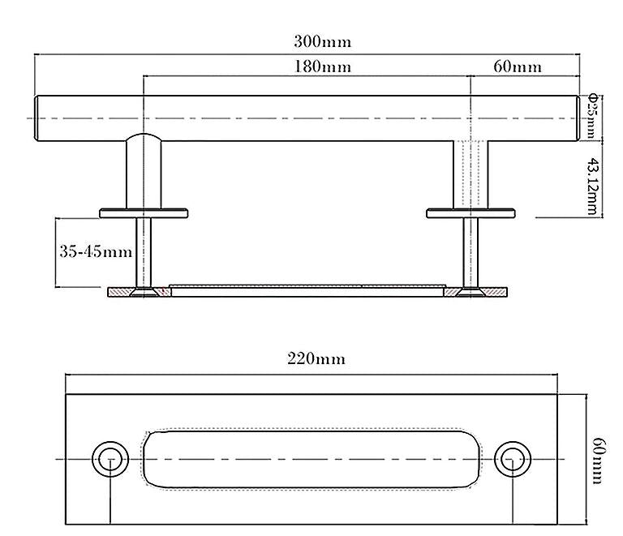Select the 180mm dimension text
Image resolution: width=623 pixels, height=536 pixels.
(x=322, y=66)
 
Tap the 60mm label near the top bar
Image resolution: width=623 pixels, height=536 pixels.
(x=518, y=66)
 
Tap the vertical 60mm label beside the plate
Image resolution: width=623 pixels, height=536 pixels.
(x=596, y=461)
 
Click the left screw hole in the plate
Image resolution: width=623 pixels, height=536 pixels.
(x=110, y=459)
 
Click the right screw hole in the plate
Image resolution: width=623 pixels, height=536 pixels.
(x=510, y=459)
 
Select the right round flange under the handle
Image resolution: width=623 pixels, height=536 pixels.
(x=471, y=213)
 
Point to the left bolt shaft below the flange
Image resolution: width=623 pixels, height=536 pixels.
(x=144, y=252)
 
